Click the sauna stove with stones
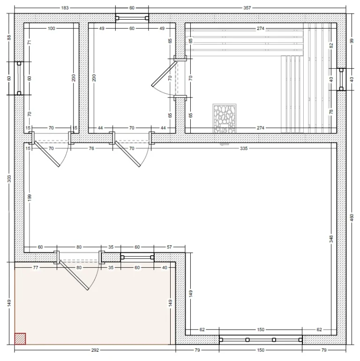point(224,118)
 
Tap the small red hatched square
point(20,339)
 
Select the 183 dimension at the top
point(65,8)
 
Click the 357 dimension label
point(247,8)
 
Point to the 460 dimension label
point(352,218)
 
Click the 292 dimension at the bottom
point(95,350)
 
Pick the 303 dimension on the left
point(9,179)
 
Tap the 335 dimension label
point(244,148)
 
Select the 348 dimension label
point(331,238)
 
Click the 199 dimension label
point(30,198)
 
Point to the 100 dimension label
point(51,28)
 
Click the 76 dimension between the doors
point(91,148)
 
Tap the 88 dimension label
point(9,37)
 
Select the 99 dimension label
point(352,41)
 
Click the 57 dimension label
point(169,247)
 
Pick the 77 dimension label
point(36,267)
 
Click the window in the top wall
point(132,18)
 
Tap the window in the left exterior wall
point(19,78)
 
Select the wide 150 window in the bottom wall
point(261,339)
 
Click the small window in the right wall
point(341,80)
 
